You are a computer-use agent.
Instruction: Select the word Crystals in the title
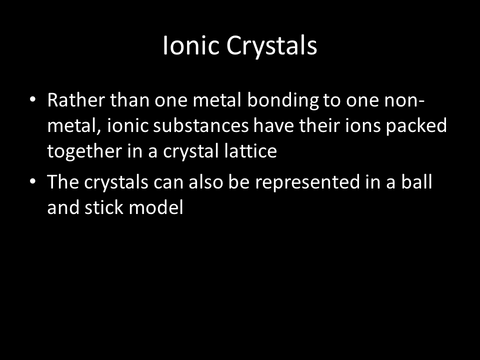pyautogui.click(x=271, y=46)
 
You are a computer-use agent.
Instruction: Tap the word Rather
pyautogui.click(x=76, y=100)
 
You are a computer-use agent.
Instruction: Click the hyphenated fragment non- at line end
pyautogui.click(x=404, y=100)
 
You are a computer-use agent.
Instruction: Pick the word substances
pyautogui.click(x=201, y=125)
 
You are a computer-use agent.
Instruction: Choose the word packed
pyautogui.click(x=416, y=126)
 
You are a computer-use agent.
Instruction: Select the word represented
pyautogui.click(x=307, y=182)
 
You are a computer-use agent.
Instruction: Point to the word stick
pyautogui.click(x=104, y=207)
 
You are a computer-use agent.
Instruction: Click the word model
pyautogui.click(x=156, y=207)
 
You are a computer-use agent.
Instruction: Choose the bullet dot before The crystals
pyautogui.click(x=33, y=181)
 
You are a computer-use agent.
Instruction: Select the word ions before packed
pyautogui.click(x=363, y=125)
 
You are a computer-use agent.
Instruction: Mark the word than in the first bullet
pyautogui.click(x=130, y=100)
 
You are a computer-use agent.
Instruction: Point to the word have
pyautogui.click(x=273, y=125)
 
